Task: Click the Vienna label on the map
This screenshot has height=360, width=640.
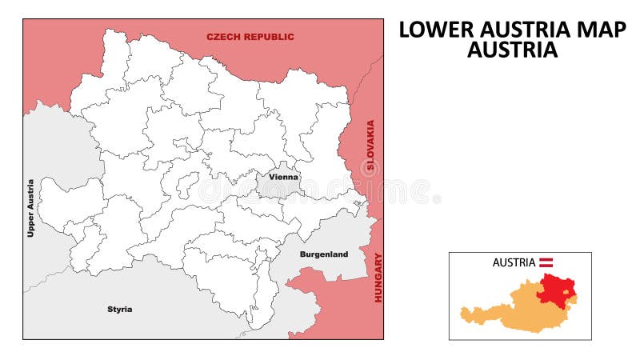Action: click(283, 177)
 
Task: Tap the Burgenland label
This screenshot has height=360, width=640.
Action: click(323, 254)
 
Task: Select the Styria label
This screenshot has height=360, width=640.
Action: click(120, 309)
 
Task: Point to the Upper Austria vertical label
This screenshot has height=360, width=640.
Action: click(31, 208)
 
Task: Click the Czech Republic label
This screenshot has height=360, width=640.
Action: click(250, 37)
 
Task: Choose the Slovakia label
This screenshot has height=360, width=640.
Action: click(370, 147)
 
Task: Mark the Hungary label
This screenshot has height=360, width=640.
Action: click(378, 278)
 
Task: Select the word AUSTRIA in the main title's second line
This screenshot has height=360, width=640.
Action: click(512, 50)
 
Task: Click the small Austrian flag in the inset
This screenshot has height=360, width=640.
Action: click(547, 262)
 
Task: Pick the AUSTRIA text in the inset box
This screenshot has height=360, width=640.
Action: click(514, 262)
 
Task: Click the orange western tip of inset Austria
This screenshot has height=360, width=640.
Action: click(464, 314)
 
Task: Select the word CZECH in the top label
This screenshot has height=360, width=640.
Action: click(222, 37)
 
